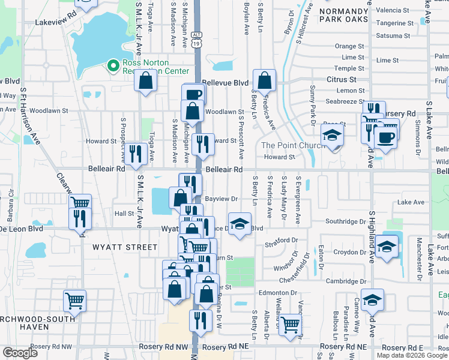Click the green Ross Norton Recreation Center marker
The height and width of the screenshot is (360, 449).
pyautogui.click(x=112, y=66)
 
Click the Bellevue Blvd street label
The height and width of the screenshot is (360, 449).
pyautogui.click(x=225, y=82)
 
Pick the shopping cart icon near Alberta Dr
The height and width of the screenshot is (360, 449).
pyautogui.click(x=290, y=325)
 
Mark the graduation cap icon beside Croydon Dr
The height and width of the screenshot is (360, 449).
pyautogui.click(x=387, y=246)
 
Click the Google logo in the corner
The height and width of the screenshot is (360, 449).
pyautogui.click(x=20, y=353)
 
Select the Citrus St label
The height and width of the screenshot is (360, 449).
pyautogui.click(x=341, y=79)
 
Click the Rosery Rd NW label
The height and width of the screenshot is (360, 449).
pyautogui.click(x=163, y=347)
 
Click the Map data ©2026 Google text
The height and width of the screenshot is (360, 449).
pyautogui.click(x=412, y=355)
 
